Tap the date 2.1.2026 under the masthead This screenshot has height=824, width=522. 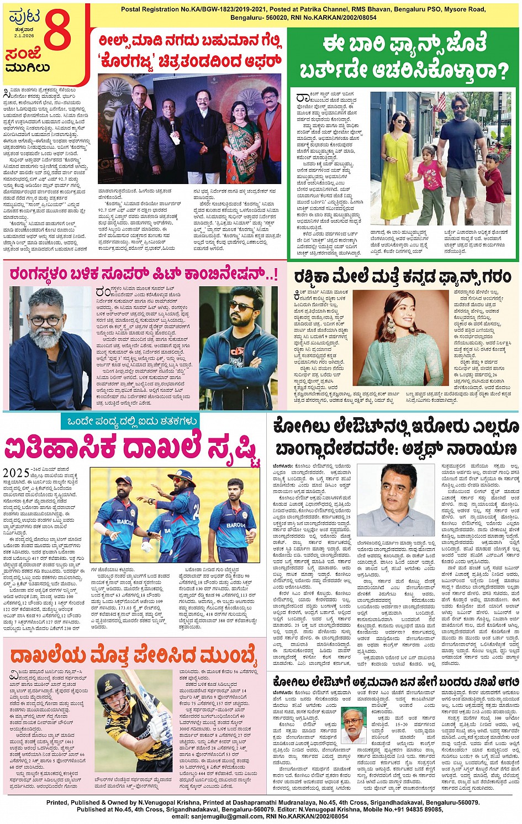point(24,36)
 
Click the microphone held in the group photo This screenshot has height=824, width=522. point(172,124)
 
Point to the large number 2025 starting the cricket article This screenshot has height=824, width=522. point(17,473)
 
